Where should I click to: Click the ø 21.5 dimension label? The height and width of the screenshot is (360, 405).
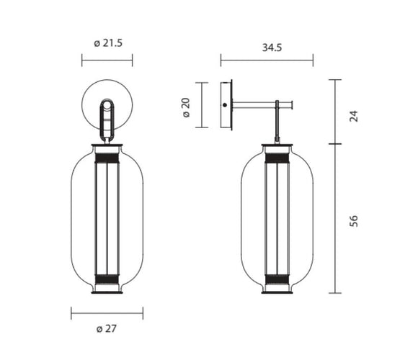(108, 43)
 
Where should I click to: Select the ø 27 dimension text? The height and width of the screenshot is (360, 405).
(107, 329)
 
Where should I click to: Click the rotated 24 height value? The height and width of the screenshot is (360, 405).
(353, 116)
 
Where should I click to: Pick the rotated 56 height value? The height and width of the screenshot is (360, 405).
(353, 220)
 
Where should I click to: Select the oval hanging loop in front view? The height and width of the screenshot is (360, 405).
(107, 119)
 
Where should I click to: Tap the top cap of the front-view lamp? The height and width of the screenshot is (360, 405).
(107, 148)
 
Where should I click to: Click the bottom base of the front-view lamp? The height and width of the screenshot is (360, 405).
(107, 290)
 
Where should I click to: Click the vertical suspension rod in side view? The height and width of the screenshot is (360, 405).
(277, 126)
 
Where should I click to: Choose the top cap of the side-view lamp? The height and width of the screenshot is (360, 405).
(277, 148)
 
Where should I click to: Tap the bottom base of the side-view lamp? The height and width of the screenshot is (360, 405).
(277, 290)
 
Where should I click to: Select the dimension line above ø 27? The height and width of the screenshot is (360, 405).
(107, 313)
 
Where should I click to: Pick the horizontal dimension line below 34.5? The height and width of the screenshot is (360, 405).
(266, 62)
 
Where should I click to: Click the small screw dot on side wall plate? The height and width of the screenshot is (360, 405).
(226, 106)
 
